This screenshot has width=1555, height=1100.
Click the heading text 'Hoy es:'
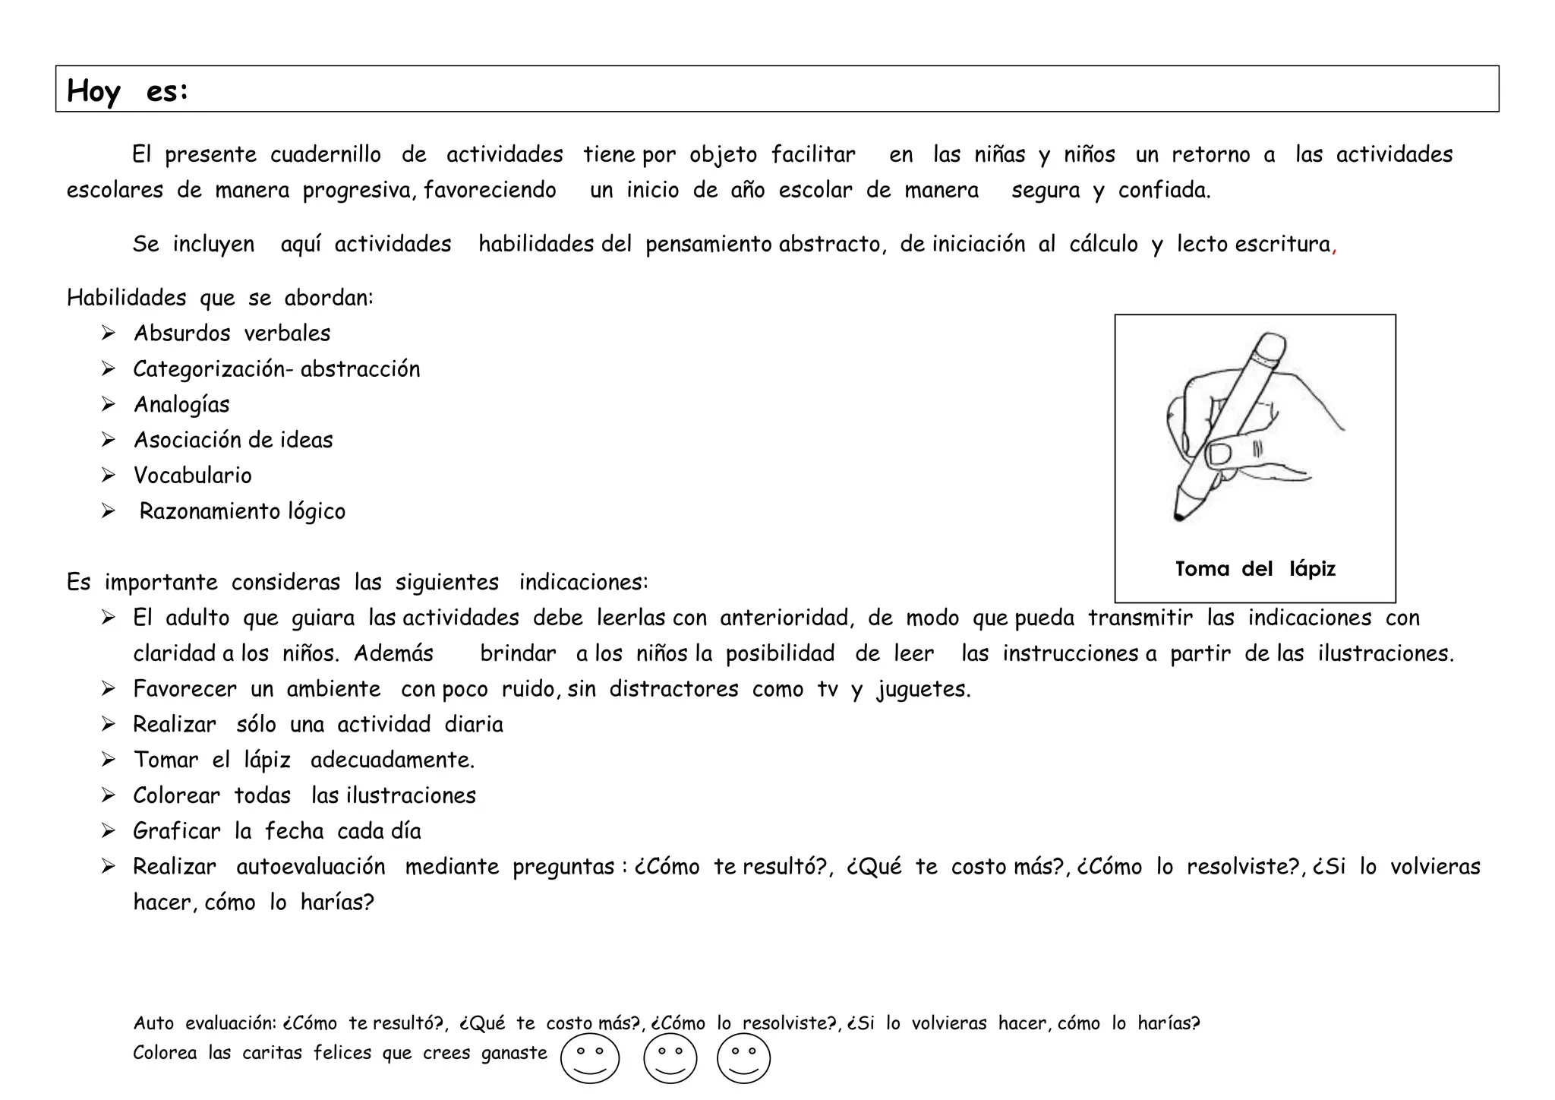click(128, 91)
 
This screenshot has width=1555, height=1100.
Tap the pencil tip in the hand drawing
click(1179, 517)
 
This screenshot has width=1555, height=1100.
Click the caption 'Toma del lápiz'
click(1254, 569)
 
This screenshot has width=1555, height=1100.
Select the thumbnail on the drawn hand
click(1220, 455)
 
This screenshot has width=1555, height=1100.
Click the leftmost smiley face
click(590, 1058)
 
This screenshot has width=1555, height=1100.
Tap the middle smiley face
click(670, 1058)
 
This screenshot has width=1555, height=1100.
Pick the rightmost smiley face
click(743, 1058)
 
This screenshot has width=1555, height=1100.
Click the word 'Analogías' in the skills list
click(181, 404)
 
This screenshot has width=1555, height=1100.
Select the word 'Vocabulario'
click(192, 476)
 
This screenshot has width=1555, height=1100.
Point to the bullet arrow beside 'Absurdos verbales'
click(109, 333)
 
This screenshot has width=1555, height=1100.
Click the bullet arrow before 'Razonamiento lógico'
click(109, 511)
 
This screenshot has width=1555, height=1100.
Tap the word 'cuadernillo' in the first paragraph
click(326, 154)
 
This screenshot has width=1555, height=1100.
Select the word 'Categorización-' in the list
click(213, 369)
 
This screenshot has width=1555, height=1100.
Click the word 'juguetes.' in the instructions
click(923, 690)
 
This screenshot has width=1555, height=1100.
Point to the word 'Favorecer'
click(185, 689)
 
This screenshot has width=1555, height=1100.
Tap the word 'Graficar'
click(176, 831)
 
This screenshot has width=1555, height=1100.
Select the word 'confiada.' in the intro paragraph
click(1164, 190)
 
